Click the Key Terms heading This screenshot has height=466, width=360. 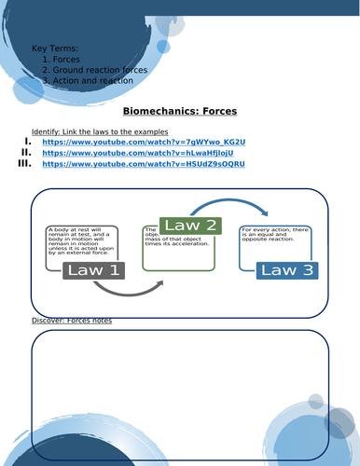point(55,48)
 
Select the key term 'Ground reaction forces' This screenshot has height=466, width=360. point(100,70)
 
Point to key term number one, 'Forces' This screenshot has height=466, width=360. point(68,59)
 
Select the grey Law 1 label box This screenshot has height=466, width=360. point(91,271)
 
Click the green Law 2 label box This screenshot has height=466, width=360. point(190,226)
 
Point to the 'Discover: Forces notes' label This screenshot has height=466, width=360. point(71,321)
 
